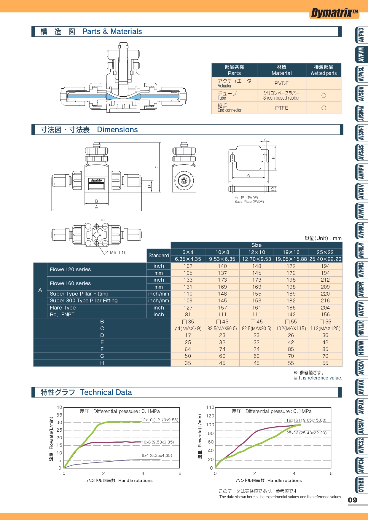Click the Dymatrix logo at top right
pos(334,13)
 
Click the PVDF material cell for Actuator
pos(281,83)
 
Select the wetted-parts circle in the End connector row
pos(324,108)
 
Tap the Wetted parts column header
pos(324,70)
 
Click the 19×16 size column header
pos(291,252)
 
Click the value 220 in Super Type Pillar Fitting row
pos(325,294)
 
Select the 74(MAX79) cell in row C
pos(188,328)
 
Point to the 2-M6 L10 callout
pos(116,253)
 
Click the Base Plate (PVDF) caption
pos(249,202)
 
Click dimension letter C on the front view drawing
pos(157,167)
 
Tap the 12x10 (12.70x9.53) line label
pos(160,420)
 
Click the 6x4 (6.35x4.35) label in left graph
pos(157,455)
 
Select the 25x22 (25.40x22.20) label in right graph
pos(306,433)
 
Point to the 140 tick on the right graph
pos(210,407)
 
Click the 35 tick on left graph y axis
pos(59,415)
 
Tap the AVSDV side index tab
pos(361,94)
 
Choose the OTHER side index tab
pos(361,485)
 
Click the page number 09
pos(353,500)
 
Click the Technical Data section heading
pos(106,392)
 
